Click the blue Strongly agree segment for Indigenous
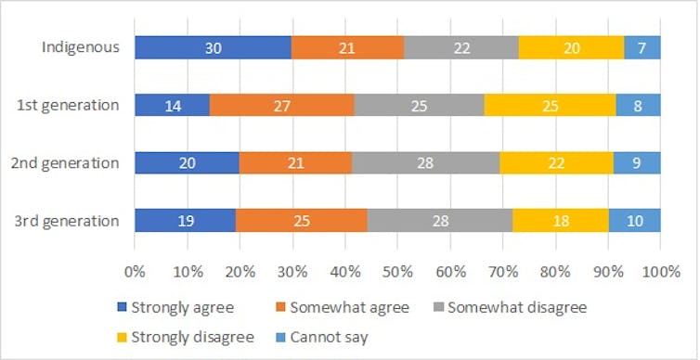coord(213,47)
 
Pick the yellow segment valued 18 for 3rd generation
coord(560,221)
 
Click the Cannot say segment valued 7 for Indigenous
coord(642,47)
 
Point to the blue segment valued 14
coord(172,105)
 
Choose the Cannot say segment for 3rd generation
coord(634,221)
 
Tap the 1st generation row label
coord(70,105)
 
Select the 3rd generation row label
coord(68,221)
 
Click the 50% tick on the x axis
coord(397,274)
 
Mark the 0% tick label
coord(135,274)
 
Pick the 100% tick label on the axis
coord(660,274)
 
